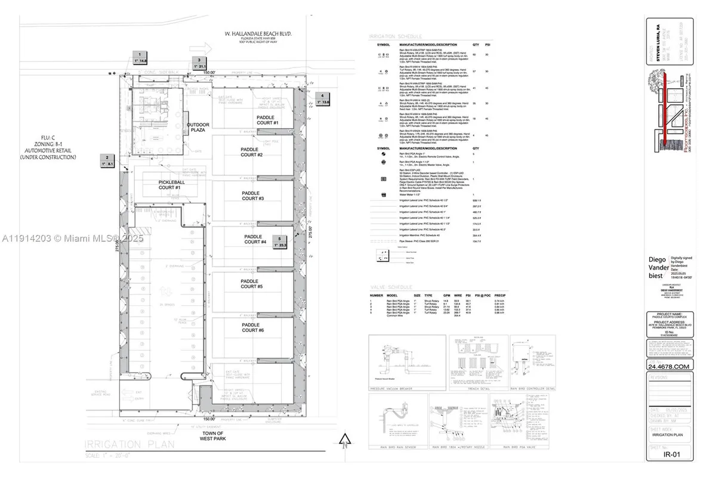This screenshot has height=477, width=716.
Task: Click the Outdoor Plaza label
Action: click(198, 128)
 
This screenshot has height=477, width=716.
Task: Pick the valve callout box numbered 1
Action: click(140, 57)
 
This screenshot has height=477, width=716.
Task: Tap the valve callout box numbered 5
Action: click(280, 241)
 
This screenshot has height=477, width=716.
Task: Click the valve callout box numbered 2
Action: click(107, 160)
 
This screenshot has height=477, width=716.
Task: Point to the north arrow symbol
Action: click(344, 441)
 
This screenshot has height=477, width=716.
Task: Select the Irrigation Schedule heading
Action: click(392, 36)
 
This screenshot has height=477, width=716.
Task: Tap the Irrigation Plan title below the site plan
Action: click(129, 444)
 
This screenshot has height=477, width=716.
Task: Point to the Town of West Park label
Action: click(212, 436)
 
